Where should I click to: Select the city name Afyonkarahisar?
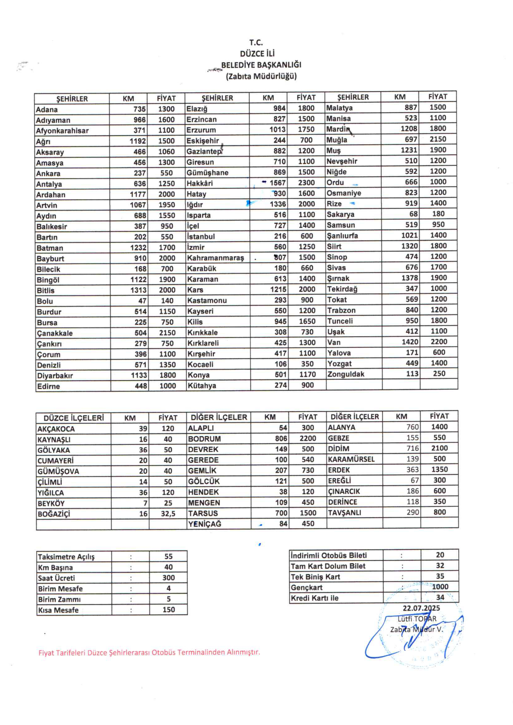[62, 131]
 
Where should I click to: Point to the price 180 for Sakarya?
[438, 214]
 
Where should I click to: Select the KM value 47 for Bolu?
[142, 301]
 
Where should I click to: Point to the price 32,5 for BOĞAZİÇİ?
[168, 514]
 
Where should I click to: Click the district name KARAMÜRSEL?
[351, 459]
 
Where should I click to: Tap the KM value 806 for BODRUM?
[281, 439]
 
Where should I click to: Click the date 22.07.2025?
[421, 608]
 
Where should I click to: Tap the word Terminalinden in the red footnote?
[200, 652]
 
